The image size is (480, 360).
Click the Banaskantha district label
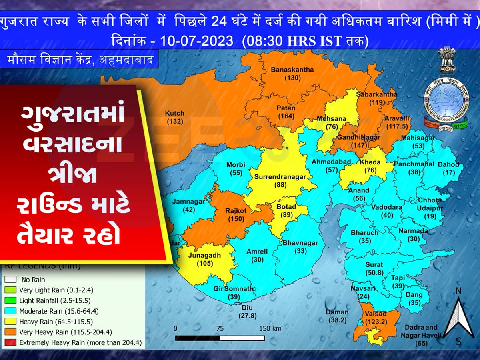tap(292, 70)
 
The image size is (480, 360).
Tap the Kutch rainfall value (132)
tap(174, 121)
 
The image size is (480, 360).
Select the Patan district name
tap(286, 108)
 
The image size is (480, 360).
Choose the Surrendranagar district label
tap(280, 177)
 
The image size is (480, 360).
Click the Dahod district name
tap(448, 164)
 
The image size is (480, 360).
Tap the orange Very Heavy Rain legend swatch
tap(11, 332)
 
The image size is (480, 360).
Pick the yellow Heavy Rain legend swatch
tap(11, 322)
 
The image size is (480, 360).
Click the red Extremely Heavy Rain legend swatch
tap(11, 343)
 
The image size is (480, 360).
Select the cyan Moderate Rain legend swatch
tap(11, 311)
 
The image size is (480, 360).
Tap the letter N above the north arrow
tap(459, 290)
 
